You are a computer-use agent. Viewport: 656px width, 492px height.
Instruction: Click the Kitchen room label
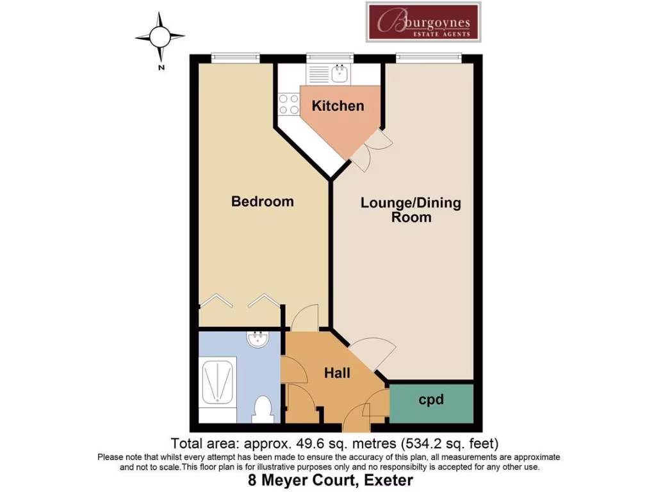[338, 106]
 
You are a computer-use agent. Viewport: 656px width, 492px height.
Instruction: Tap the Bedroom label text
[262, 201]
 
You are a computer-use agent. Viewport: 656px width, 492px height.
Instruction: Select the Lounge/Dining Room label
[411, 210]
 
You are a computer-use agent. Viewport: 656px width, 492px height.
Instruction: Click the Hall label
[336, 372]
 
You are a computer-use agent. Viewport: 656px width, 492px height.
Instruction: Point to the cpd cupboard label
[431, 400]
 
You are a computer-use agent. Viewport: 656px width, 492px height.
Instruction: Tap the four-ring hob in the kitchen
[288, 104]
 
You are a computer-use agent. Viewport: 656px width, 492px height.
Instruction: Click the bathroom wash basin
[258, 340]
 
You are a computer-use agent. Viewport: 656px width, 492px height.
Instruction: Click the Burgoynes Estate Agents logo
[422, 22]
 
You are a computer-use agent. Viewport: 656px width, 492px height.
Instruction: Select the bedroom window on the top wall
[236, 58]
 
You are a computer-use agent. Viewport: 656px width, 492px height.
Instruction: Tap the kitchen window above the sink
[330, 58]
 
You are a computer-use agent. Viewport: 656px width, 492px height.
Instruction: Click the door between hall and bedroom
[304, 318]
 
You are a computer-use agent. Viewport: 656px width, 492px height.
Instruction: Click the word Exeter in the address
[386, 480]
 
